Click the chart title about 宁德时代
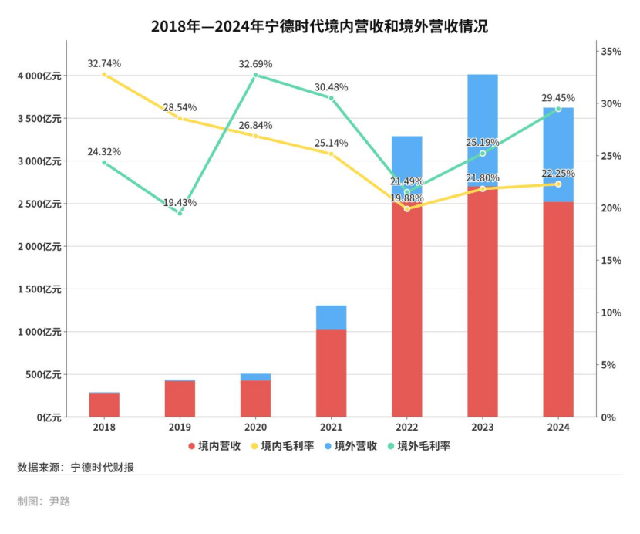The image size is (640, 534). (x=319, y=26)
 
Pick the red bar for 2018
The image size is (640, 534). (x=104, y=405)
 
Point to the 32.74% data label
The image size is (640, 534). (x=104, y=63)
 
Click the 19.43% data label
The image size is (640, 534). (x=180, y=203)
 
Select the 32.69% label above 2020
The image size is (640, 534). (x=255, y=64)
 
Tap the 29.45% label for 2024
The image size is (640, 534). (x=558, y=98)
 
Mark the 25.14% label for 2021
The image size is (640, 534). (x=332, y=143)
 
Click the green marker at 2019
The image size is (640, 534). (x=180, y=213)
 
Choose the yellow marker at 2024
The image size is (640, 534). (x=558, y=184)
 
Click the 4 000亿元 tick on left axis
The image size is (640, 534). (x=39, y=76)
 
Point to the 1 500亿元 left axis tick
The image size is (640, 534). (x=39, y=289)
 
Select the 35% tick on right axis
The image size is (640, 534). (x=611, y=52)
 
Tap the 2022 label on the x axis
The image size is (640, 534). (x=406, y=427)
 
